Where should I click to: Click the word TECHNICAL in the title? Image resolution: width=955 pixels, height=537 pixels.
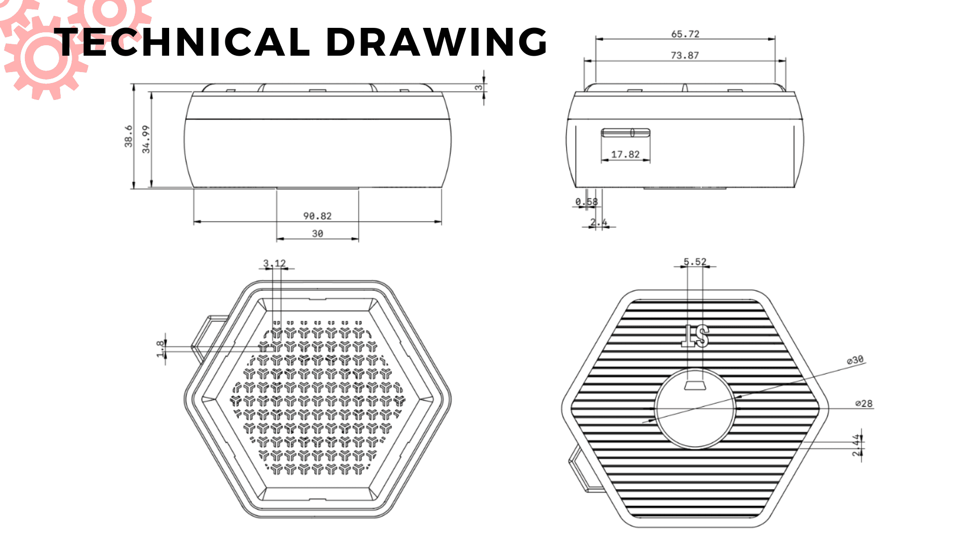coord(184,42)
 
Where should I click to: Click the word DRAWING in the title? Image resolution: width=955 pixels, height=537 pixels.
coord(437,42)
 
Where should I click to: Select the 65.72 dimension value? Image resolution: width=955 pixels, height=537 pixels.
coord(685,34)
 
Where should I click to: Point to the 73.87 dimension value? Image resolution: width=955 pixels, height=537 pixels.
coord(684,55)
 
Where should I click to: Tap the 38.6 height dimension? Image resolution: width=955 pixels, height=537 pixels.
coord(128,136)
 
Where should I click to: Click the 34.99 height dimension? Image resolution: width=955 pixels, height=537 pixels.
coord(146,139)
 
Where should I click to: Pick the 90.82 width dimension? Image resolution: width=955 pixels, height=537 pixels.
coord(317,216)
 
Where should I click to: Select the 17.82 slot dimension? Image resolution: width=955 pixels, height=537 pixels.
coord(625,154)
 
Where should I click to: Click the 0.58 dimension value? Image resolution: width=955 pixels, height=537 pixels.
coord(586,201)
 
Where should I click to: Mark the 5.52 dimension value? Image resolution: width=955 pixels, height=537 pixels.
coord(695,262)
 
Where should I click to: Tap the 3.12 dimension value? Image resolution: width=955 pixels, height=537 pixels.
coord(274,263)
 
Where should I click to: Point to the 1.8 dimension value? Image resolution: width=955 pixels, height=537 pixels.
coord(160,349)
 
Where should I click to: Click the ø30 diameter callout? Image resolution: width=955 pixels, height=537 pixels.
coord(855,359)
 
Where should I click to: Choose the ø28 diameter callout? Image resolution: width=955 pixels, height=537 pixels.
coord(864,403)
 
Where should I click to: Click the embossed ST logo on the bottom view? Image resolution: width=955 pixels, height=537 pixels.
coord(695,336)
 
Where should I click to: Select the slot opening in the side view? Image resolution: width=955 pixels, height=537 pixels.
coord(625,132)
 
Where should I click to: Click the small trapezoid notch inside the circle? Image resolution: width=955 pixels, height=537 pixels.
coord(695,385)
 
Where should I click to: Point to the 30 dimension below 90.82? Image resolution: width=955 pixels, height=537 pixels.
coord(317,233)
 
